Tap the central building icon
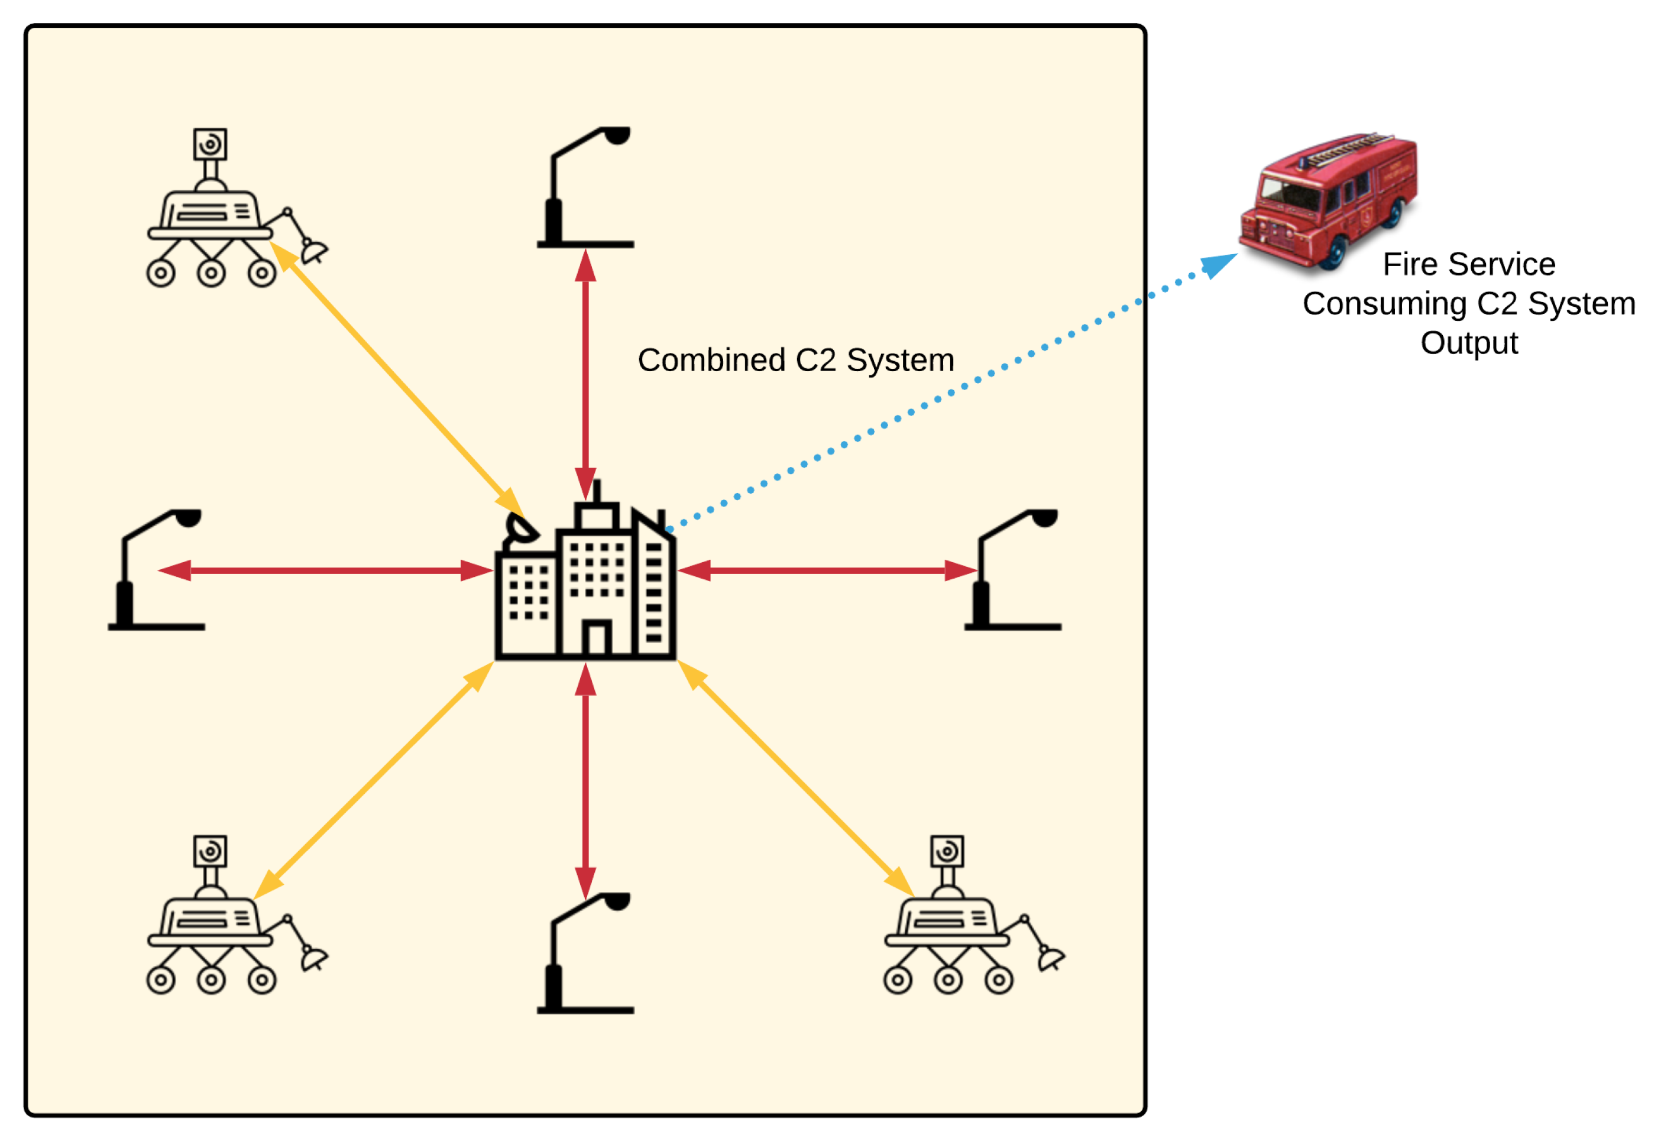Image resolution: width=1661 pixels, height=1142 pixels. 585,583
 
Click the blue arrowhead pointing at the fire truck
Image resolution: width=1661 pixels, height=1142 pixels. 1218,265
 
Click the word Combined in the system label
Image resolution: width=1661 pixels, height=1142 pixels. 711,360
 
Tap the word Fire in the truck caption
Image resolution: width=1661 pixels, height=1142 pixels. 1406,264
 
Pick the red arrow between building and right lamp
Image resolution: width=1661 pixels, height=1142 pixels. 827,571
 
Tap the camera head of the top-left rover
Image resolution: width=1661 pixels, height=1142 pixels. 210,145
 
